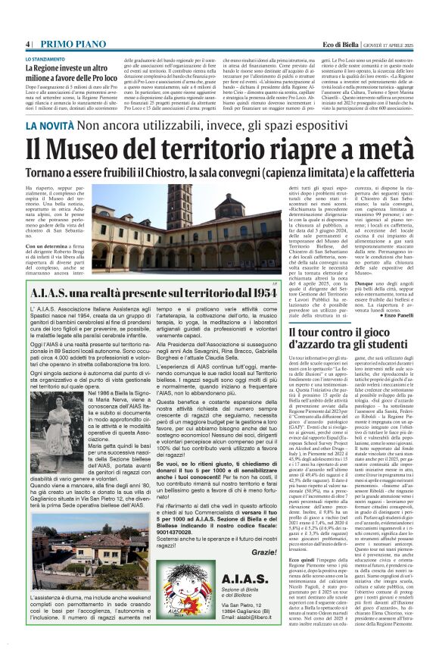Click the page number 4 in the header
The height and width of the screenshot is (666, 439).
tap(27, 45)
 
